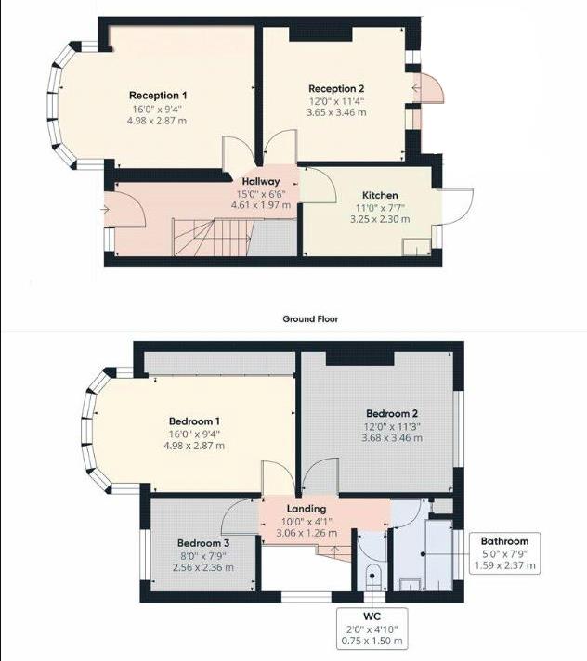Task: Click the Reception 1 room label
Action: (158, 96)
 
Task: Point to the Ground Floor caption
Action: (310, 318)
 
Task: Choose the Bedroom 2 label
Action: (391, 413)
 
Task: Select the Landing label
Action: (306, 509)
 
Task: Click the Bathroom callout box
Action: (504, 553)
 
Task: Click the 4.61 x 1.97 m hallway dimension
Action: (261, 205)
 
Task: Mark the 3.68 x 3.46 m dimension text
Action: (391, 437)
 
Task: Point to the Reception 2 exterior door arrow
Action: (415, 89)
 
